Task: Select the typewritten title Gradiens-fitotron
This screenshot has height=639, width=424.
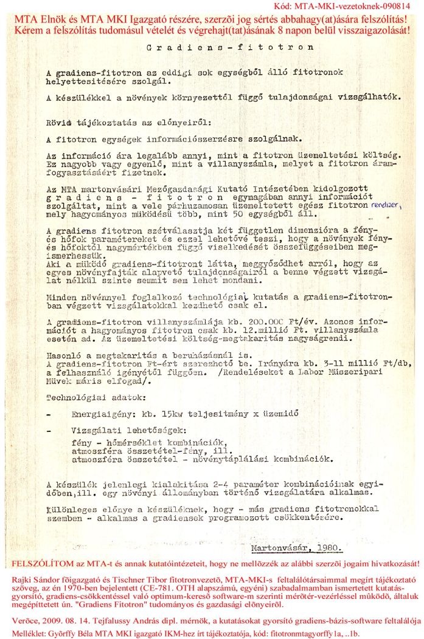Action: (231, 47)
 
